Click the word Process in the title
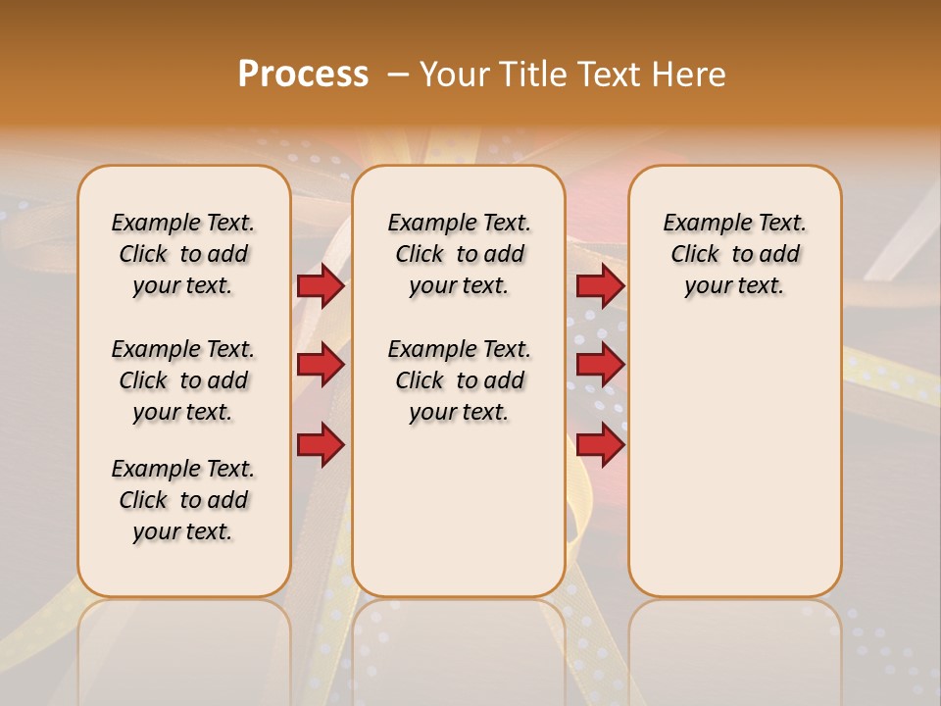pyautogui.click(x=303, y=75)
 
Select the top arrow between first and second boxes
pyautogui.click(x=321, y=285)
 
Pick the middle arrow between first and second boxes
pyautogui.click(x=321, y=365)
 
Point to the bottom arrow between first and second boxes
pyautogui.click(x=321, y=444)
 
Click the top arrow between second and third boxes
pyautogui.click(x=600, y=285)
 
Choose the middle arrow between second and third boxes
pyautogui.click(x=600, y=365)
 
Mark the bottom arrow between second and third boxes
pyautogui.click(x=600, y=444)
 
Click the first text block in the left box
pyautogui.click(x=183, y=254)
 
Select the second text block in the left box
pyautogui.click(x=183, y=380)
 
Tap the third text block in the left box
pyautogui.click(x=183, y=500)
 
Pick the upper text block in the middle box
pyautogui.click(x=459, y=254)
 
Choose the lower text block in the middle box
pyautogui.click(x=459, y=380)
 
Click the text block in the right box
pyautogui.click(x=734, y=254)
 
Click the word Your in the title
pyautogui.click(x=451, y=75)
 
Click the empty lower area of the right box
pyautogui.click(x=734, y=471)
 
